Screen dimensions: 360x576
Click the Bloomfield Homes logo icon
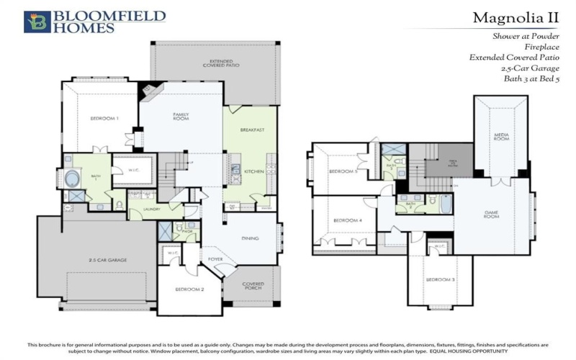click(x=35, y=22)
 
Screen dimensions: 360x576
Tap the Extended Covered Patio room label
click(x=217, y=64)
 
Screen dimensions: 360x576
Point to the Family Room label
click(x=180, y=117)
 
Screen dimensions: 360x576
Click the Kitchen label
click(x=253, y=171)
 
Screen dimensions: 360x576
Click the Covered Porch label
click(x=253, y=286)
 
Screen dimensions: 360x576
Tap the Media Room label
click(x=502, y=136)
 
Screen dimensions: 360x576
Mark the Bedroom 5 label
click(x=342, y=171)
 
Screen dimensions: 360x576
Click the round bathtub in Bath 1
click(x=74, y=177)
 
